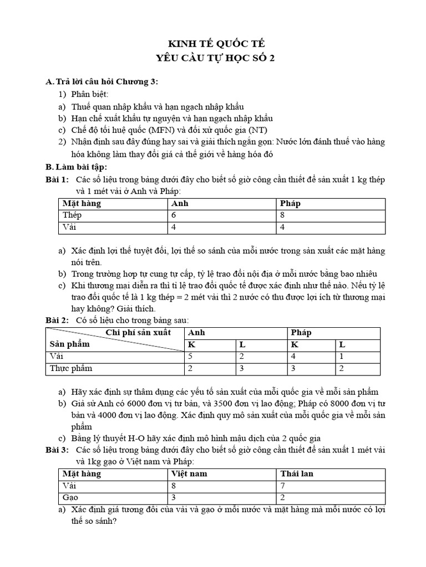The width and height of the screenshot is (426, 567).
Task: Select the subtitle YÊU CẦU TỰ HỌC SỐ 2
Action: tap(213, 60)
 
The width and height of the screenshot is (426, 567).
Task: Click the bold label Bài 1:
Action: tap(57, 179)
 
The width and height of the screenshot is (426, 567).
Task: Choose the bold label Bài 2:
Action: tap(57, 320)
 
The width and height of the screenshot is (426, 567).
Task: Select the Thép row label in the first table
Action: tap(72, 215)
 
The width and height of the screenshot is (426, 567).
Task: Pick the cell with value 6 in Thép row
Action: tap(175, 215)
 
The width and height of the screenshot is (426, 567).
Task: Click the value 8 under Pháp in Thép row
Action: tap(284, 215)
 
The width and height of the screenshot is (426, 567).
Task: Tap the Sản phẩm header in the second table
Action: tap(69, 344)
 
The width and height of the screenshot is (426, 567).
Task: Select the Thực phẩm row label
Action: tap(71, 368)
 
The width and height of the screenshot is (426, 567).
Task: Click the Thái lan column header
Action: tap(297, 473)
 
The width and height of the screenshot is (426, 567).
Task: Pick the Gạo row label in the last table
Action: tap(70, 497)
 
